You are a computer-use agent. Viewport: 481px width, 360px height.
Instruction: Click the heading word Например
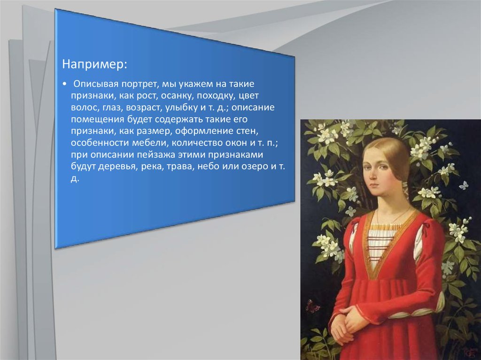click(94, 64)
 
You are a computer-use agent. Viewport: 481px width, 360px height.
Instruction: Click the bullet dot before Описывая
click(64, 84)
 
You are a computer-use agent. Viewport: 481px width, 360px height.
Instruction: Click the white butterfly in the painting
click(464, 185)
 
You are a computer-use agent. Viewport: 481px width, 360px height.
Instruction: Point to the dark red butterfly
click(312, 306)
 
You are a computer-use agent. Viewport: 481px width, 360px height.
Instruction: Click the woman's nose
click(372, 176)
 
